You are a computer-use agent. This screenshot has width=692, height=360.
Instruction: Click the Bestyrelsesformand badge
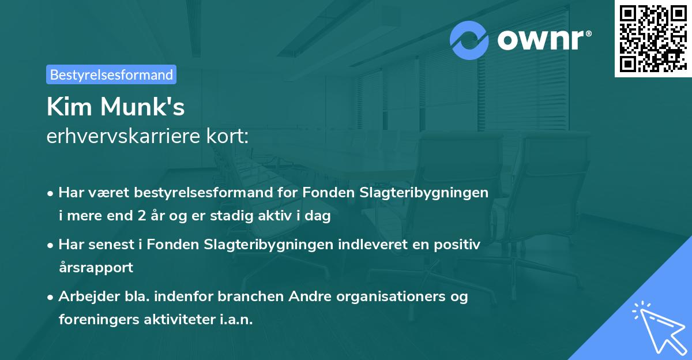click(x=111, y=74)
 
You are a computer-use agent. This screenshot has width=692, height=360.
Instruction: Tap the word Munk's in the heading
click(x=143, y=107)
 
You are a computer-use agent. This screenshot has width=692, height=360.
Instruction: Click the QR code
click(x=653, y=38)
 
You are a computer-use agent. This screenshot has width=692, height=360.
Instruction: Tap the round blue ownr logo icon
click(x=469, y=40)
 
